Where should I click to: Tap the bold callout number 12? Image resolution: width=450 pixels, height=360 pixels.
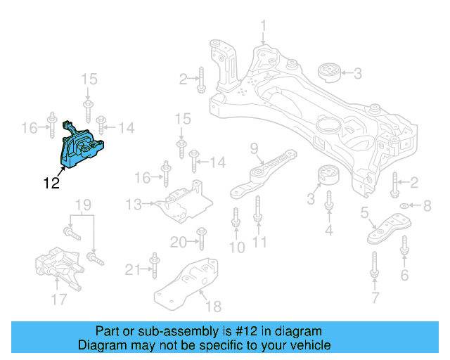point(51,184)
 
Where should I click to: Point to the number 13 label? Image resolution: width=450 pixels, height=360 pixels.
point(134,205)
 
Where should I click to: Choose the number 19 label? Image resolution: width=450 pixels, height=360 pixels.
point(83,205)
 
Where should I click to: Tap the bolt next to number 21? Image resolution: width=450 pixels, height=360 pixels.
point(153,268)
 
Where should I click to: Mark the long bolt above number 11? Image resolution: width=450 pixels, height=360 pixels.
point(258,212)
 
